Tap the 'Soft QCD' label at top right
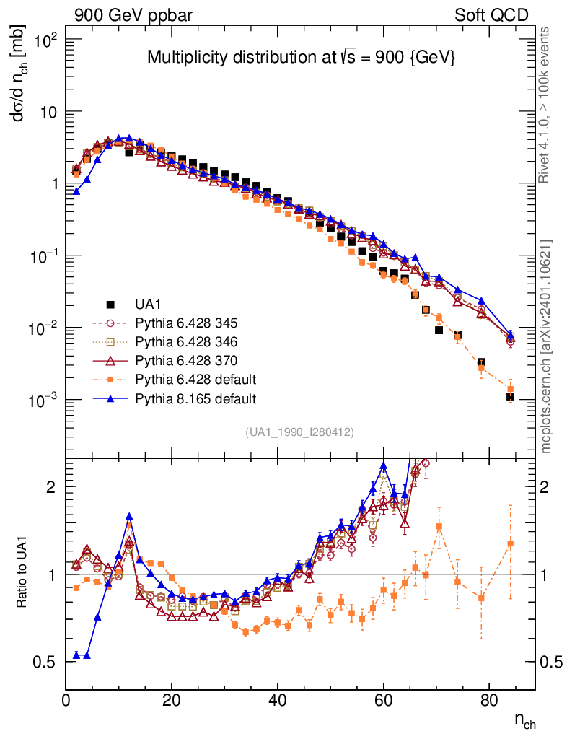[x=491, y=15]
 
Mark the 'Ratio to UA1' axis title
[x=22, y=574]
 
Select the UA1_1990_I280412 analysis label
[x=299, y=432]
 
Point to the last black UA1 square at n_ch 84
[x=510, y=396]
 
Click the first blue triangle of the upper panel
[x=76, y=192]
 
